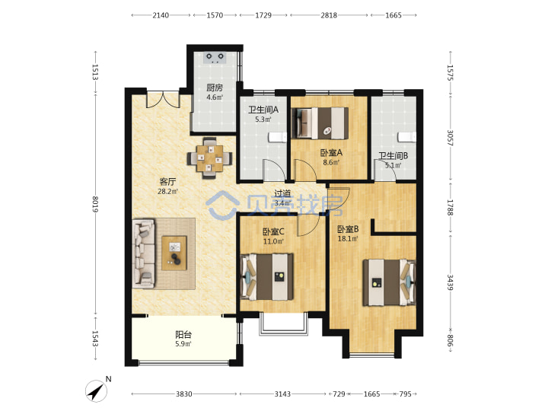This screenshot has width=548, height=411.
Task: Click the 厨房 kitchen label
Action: point(214,88)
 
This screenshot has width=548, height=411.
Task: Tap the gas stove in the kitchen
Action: point(215,58)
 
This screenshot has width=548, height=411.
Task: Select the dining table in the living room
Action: point(210,158)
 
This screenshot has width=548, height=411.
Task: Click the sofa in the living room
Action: point(143,253)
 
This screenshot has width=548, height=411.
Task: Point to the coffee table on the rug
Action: point(174,253)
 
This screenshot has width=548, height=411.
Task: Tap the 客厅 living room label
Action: point(167,182)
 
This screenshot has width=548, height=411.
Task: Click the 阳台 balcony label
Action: point(183,334)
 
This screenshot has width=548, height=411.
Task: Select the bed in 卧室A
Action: point(320,123)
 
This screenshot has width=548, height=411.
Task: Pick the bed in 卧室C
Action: point(267,277)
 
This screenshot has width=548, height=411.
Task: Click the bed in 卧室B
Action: point(389,282)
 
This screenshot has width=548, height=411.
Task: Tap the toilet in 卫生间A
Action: point(278,137)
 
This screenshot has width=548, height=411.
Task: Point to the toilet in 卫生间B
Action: point(407,137)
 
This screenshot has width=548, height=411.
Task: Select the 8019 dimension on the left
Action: point(95,205)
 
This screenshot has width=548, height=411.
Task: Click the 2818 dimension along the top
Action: point(329,15)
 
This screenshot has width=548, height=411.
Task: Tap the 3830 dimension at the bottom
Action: point(184,394)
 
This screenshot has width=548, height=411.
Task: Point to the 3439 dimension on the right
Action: point(450,282)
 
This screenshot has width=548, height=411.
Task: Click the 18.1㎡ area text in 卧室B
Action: point(348,239)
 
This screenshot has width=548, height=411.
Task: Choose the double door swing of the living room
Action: point(163,100)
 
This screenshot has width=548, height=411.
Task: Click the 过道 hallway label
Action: point(282,193)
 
